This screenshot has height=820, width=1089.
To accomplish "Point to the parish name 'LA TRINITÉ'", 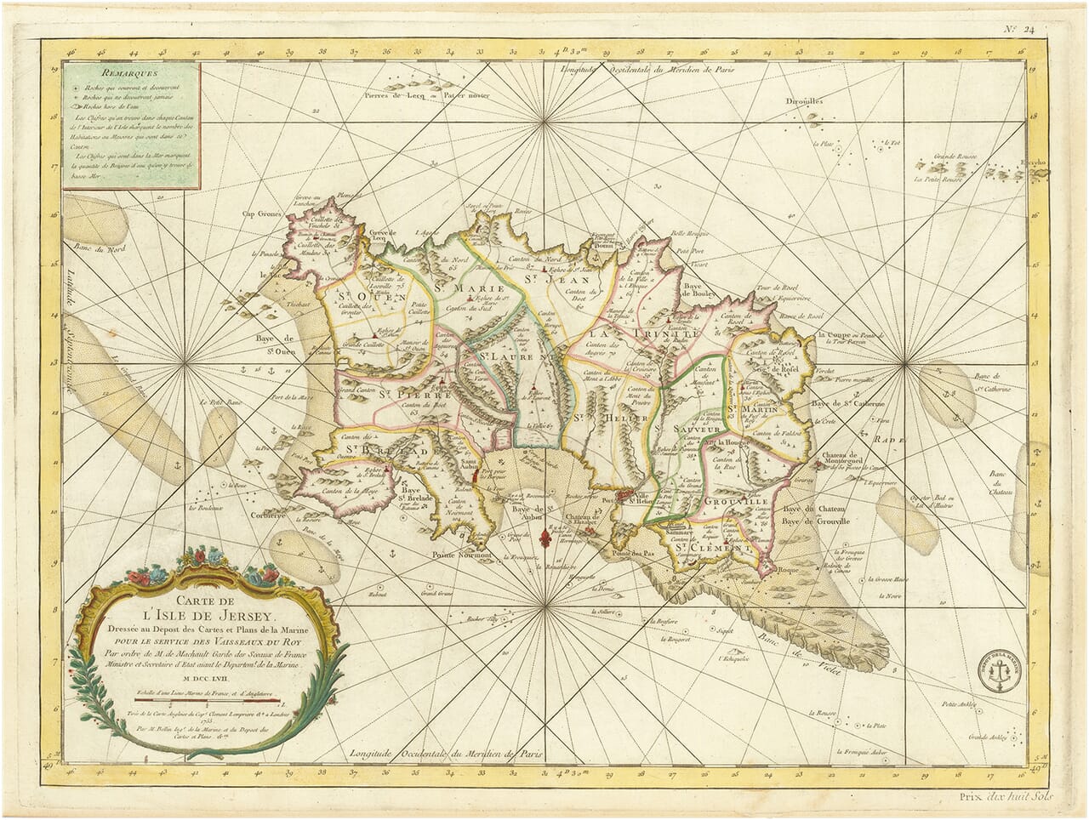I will pos(629,333).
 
